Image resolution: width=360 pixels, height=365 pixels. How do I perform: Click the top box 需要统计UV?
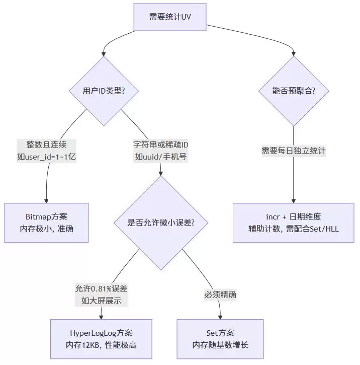170,17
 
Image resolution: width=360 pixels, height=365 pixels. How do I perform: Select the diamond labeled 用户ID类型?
103,91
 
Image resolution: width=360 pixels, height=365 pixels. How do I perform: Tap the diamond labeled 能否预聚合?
294,91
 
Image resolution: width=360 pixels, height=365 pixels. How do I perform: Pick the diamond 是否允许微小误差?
160,222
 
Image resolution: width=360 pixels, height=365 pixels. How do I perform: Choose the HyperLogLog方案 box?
102,339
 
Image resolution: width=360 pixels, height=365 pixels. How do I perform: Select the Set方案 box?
220,339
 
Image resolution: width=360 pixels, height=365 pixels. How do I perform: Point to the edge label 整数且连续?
46,143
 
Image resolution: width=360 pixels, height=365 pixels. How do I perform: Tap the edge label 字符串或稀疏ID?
161,143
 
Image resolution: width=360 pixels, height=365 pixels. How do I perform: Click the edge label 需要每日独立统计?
294,150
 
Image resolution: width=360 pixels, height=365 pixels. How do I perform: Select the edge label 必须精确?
220,295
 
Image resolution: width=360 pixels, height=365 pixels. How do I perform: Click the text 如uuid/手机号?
161,156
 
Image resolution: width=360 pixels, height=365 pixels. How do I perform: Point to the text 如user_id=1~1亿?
46,156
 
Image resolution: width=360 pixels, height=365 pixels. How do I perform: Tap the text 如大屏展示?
102,301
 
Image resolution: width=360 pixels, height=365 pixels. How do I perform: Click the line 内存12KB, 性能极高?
102,345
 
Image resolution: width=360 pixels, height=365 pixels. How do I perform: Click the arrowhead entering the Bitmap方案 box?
46,200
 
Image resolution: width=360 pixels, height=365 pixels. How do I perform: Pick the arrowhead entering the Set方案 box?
220,317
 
